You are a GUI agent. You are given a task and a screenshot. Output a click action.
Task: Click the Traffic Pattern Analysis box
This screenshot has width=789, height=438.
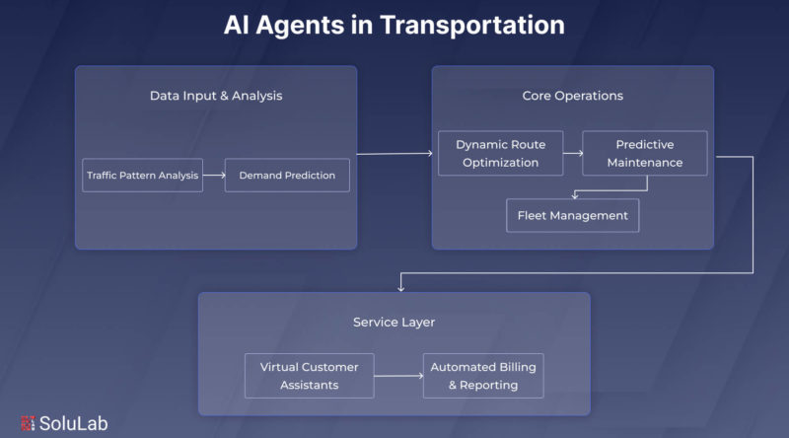pos(142,176)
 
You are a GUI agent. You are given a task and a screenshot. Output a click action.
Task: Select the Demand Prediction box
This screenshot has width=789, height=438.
pos(287,176)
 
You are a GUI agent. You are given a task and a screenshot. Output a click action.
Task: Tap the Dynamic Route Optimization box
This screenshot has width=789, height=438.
pos(499,153)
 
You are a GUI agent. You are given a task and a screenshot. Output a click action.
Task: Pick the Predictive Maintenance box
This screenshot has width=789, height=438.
pos(645,153)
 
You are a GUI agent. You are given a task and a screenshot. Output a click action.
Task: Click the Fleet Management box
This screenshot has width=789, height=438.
pos(572,215)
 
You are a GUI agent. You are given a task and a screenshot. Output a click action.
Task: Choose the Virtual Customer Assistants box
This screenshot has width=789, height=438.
pos(310,376)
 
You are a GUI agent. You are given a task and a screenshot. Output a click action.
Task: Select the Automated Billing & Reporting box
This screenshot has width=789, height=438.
pos(483,376)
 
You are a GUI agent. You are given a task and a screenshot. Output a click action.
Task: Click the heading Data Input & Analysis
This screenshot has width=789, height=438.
pos(215,96)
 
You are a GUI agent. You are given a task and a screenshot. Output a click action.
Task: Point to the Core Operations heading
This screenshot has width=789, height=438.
pos(572,96)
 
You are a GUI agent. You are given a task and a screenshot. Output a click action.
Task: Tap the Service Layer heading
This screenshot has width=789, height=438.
pos(394,322)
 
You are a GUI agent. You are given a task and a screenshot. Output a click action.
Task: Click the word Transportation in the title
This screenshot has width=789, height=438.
pos(470,25)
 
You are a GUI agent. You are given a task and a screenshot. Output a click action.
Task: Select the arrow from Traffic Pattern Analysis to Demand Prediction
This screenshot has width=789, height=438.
pos(213,176)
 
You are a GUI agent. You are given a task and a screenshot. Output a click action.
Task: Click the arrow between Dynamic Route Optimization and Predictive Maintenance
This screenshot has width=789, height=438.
pos(571,153)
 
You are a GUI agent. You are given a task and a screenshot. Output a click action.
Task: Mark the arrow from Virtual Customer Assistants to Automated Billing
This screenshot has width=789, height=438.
pos(398,376)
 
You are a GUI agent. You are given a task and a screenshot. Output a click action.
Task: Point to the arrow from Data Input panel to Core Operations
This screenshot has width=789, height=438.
pos(394,153)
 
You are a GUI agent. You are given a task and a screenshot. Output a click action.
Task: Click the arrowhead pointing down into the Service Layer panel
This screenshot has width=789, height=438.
pos(400,287)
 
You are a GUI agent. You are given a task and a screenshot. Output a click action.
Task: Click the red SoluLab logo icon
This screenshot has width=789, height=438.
pos(26,423)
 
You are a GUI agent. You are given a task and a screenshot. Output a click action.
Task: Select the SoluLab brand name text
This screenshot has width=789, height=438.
pos(73,423)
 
